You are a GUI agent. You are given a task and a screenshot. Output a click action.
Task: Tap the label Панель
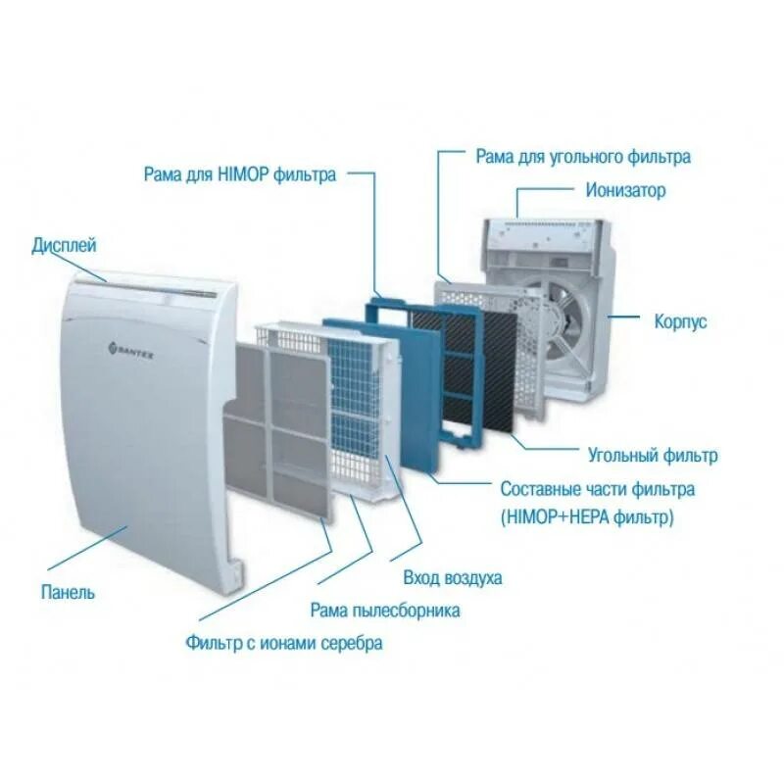click(x=68, y=593)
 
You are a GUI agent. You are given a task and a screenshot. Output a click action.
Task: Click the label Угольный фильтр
click(x=652, y=455)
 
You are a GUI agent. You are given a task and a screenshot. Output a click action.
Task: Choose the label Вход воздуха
click(x=452, y=577)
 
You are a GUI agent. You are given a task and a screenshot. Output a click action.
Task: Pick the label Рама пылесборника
click(x=385, y=611)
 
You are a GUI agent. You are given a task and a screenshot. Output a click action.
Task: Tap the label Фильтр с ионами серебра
click(x=284, y=643)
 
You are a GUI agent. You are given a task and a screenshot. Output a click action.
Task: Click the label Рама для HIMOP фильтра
click(x=239, y=174)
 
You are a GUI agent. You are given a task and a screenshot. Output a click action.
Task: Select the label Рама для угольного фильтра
click(x=583, y=156)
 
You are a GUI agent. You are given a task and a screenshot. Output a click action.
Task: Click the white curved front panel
click(x=147, y=441)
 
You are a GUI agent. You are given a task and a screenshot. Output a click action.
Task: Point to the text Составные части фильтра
click(x=597, y=488)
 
